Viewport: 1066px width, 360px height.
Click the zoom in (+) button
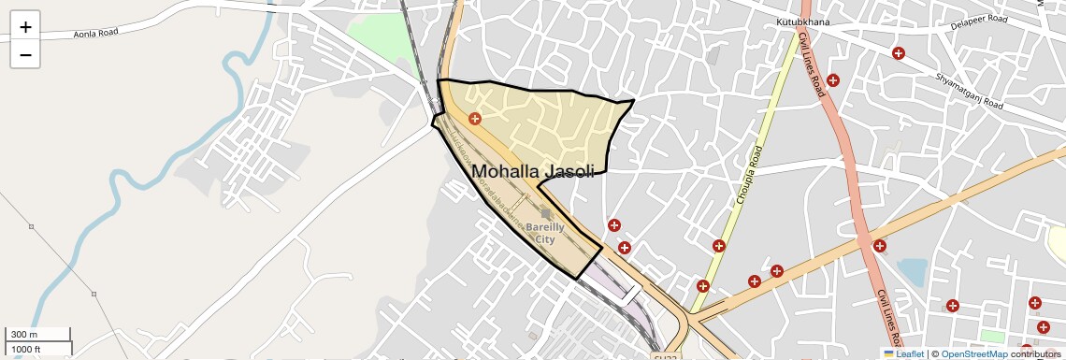[x=25, y=26]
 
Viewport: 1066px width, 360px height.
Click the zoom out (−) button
[x=25, y=54]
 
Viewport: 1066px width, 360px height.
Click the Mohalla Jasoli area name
[x=533, y=171]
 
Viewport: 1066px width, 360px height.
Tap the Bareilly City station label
[x=544, y=233]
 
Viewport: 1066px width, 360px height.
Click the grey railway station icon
[x=546, y=214]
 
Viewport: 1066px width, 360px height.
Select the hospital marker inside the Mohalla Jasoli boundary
[x=475, y=119]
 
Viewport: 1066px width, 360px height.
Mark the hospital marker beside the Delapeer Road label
[x=899, y=53]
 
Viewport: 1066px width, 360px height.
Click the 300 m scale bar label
[x=24, y=335]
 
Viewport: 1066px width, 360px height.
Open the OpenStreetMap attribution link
[x=973, y=353]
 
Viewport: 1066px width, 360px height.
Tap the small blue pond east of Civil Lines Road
[x=912, y=272]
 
